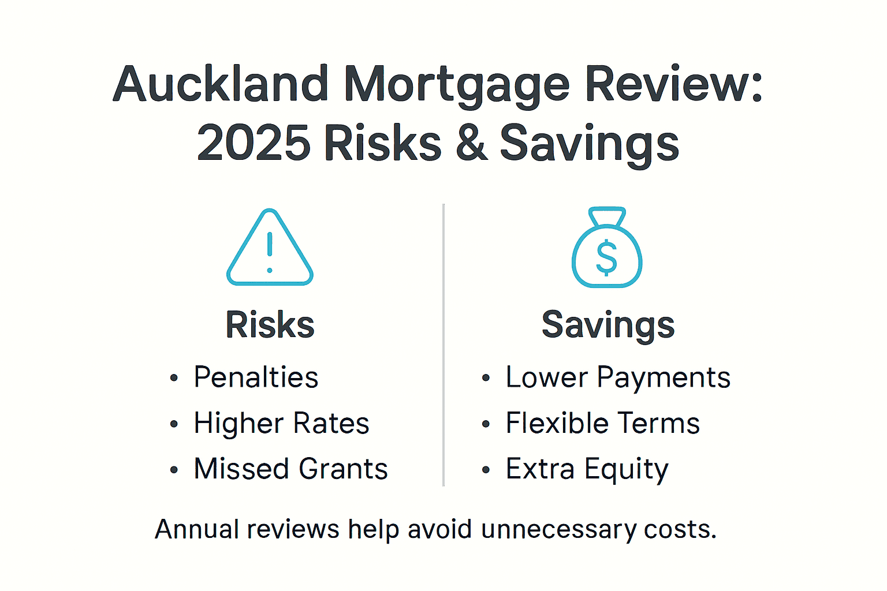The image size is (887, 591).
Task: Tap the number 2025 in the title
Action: [x=253, y=143]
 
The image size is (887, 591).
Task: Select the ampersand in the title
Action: [x=471, y=143]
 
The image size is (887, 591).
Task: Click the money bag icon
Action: [x=606, y=248]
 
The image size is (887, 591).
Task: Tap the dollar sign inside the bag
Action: [x=606, y=258]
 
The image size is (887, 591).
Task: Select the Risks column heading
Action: [x=270, y=324]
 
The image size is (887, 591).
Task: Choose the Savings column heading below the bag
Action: [x=608, y=324]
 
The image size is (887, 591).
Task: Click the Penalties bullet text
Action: [x=256, y=377]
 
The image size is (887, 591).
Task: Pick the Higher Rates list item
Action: [x=281, y=423]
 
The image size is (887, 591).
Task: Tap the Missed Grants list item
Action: [x=290, y=469]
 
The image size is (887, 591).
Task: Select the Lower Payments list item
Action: [x=618, y=377]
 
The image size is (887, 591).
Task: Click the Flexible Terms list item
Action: [x=602, y=423]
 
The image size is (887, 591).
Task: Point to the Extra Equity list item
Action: [x=587, y=469]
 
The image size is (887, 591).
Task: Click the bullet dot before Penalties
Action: [x=174, y=379]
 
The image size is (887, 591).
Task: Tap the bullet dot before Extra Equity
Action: [x=486, y=470]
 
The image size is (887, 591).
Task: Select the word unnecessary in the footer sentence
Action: [x=558, y=530]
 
